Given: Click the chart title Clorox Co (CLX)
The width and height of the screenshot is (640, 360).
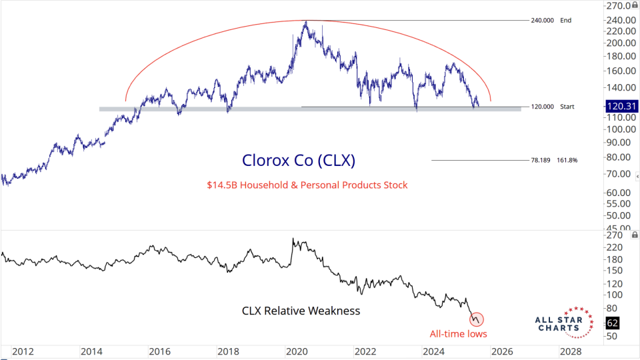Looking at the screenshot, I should pos(299,160).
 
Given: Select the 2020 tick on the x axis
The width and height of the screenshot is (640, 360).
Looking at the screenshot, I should pos(294,351).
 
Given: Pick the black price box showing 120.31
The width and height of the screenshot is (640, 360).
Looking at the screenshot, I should pos(620,106).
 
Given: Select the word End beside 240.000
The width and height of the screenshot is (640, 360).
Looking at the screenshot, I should pos(566,21).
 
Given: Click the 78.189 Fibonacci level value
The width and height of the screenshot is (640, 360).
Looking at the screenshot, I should pos(541,160).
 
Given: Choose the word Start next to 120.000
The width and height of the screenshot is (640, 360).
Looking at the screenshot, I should pos(568,107).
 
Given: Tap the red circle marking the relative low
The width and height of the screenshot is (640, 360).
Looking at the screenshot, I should pos(477,319).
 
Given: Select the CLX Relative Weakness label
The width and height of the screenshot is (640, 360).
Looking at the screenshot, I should pos(300,311).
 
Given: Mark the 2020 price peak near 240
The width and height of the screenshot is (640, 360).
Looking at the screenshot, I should pos(306,22).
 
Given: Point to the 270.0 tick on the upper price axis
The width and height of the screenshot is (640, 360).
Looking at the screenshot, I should pos(617,6).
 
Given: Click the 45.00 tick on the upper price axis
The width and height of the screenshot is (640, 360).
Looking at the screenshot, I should pos(616,227).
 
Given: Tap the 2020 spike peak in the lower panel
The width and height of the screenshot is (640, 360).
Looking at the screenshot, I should pos(293,239).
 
